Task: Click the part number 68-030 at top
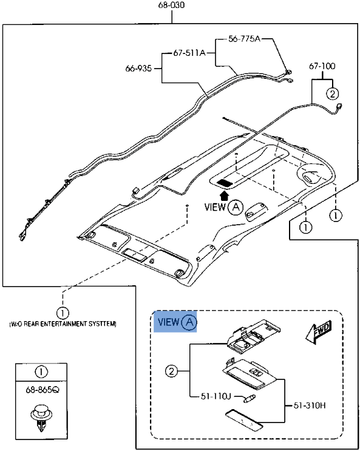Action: point(172,5)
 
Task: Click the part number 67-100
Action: point(322,66)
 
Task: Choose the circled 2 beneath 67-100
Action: point(332,93)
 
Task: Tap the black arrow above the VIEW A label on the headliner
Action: point(225,195)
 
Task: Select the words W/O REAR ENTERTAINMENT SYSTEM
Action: point(63,324)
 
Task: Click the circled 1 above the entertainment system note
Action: point(63,313)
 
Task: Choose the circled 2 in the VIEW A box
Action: point(172,371)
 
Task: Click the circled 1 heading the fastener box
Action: point(40,371)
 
